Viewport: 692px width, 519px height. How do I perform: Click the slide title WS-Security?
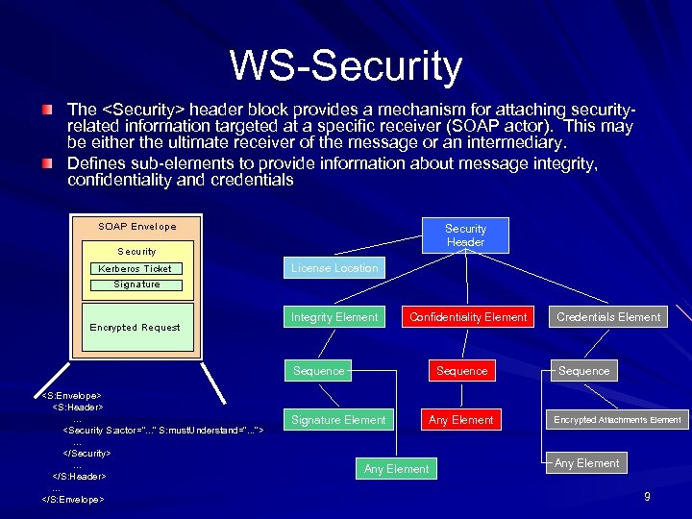[x=346, y=66]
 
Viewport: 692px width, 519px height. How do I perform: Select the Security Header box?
[x=465, y=235]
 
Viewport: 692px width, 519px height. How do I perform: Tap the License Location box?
[x=334, y=268]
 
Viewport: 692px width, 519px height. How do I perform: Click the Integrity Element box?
[x=334, y=317]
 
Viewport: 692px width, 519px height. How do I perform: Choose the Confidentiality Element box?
[x=468, y=317]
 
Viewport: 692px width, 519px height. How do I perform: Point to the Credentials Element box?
[x=608, y=317]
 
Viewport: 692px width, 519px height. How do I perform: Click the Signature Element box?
[x=338, y=420]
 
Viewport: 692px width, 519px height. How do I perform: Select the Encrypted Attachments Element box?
[x=617, y=420]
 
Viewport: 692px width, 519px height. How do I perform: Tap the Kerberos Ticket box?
[x=136, y=269]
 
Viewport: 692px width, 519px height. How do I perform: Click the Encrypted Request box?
[x=136, y=328]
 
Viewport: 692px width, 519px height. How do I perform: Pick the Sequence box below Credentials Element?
[x=583, y=371]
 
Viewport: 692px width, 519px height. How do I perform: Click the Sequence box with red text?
[x=461, y=371]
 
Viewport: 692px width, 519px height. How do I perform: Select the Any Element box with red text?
[x=461, y=420]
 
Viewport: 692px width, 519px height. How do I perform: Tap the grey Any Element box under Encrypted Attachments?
[x=586, y=463]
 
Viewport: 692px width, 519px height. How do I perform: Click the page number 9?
[x=647, y=497]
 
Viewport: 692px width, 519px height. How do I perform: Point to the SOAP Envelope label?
[x=137, y=227]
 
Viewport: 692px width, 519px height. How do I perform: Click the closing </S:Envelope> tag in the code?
[x=73, y=500]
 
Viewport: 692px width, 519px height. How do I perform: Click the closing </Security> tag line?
[x=86, y=452]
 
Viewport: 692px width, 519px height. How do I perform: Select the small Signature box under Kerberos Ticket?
[x=136, y=284]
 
